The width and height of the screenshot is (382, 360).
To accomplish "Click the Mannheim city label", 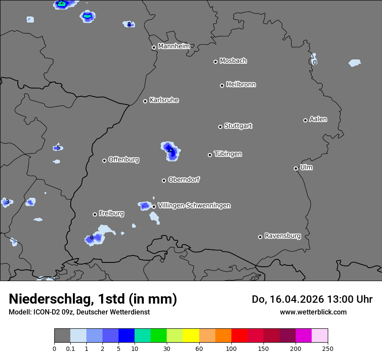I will (174, 46).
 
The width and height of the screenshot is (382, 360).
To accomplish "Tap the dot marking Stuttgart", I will (220, 127).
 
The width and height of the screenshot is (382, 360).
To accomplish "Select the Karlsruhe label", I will (164, 100).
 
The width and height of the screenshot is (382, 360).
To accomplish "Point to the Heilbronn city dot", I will (222, 85).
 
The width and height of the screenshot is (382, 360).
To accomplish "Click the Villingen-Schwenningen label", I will (194, 206).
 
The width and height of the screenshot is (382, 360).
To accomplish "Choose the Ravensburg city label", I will (283, 236).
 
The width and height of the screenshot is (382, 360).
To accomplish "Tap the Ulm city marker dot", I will (296, 168).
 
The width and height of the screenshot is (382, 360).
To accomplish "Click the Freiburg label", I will (112, 213).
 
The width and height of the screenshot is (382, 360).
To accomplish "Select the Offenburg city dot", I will (104, 160).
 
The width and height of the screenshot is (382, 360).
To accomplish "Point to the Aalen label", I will (318, 119).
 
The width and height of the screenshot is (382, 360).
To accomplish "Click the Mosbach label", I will (233, 61).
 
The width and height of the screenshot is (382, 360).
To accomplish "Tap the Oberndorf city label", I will (184, 180).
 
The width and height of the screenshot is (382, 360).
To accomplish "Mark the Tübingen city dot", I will (210, 155).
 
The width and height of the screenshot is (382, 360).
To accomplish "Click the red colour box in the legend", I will (239, 336).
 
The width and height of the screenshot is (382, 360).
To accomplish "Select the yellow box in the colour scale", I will (191, 336).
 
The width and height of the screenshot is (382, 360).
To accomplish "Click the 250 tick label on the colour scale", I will (328, 348).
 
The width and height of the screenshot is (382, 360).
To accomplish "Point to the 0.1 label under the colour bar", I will (70, 348).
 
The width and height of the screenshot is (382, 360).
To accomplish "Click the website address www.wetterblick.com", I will (313, 312).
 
